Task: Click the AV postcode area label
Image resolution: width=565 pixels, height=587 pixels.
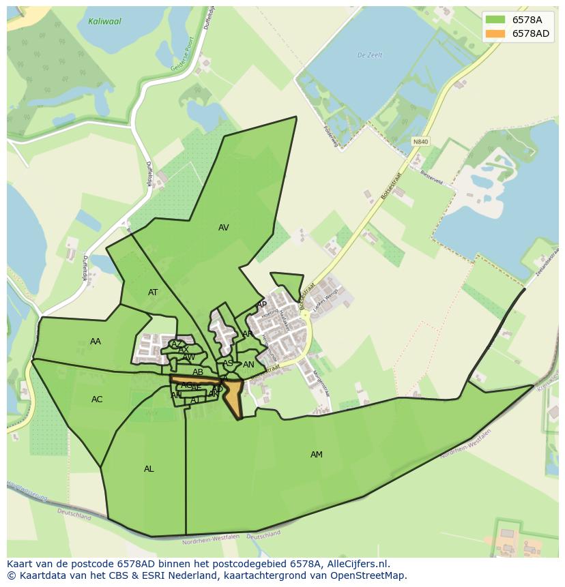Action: coord(224,228)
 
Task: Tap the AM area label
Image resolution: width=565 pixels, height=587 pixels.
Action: coord(317,455)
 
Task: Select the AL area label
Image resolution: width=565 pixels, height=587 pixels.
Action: coord(149,469)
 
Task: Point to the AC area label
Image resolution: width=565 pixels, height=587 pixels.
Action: coord(97,400)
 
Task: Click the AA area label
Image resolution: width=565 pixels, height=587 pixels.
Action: coord(96,342)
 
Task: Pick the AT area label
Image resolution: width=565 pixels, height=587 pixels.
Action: coord(153,292)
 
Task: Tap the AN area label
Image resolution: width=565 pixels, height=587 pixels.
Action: coord(248,365)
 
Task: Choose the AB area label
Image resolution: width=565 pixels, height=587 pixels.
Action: coord(198,372)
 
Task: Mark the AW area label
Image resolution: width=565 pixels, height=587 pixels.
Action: coord(189,357)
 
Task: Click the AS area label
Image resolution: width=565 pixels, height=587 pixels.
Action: coord(228,363)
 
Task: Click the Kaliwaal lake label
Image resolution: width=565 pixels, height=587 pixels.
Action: coord(104,22)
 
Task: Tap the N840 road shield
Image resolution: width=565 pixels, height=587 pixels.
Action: coord(421,142)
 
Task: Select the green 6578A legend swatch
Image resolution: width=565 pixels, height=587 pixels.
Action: coord(495,20)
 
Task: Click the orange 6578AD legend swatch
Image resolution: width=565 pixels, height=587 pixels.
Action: coord(495,33)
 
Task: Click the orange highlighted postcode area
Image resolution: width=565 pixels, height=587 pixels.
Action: coord(234,398)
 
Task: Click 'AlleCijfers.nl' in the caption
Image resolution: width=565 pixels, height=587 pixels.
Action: coord(358,565)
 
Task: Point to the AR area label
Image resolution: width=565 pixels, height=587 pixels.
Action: coord(248,334)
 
